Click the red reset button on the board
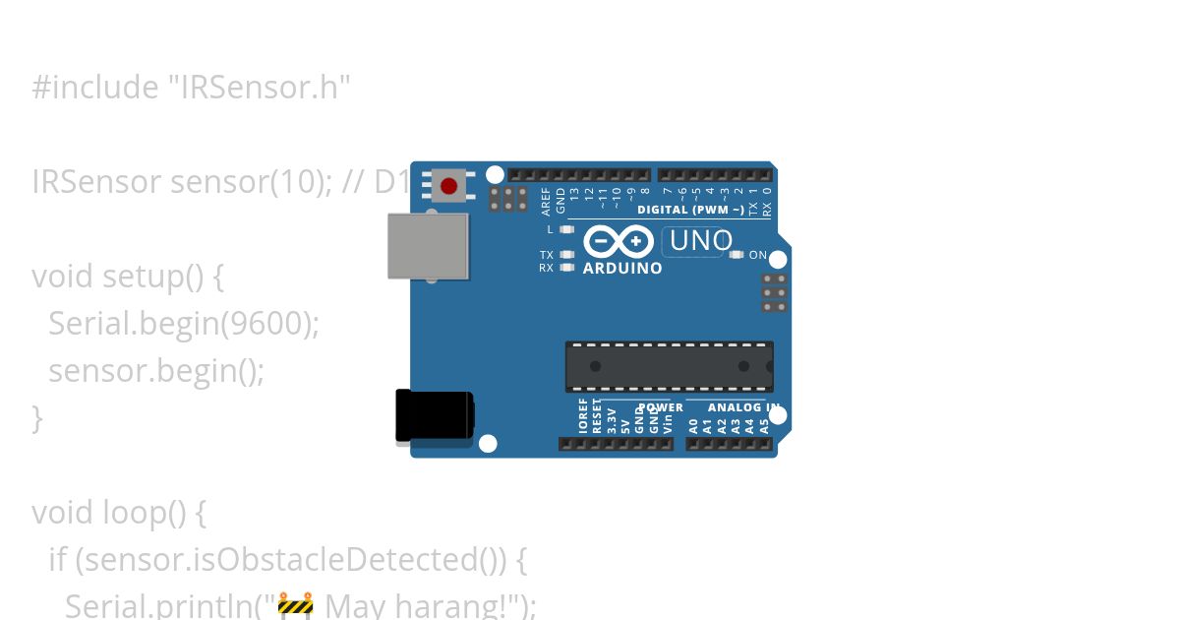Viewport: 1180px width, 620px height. [x=449, y=185]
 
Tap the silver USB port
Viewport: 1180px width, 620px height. [x=428, y=246]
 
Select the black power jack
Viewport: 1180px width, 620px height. [x=434, y=415]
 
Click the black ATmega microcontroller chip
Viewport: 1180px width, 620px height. [x=669, y=366]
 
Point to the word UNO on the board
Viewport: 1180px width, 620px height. [x=700, y=241]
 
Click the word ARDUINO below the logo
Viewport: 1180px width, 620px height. [x=622, y=268]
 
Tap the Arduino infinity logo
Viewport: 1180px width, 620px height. [x=618, y=241]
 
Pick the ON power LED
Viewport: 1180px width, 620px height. [x=737, y=255]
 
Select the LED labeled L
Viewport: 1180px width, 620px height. [x=565, y=229]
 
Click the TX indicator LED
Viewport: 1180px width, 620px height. [x=565, y=255]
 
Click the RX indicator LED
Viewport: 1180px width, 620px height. [x=565, y=267]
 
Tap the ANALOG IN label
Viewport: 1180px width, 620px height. [x=743, y=407]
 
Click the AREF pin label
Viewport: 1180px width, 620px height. [x=547, y=201]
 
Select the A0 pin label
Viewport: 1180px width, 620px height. [x=693, y=425]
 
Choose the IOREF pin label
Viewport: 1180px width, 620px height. [x=583, y=416]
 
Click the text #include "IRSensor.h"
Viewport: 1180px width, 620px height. [x=191, y=88]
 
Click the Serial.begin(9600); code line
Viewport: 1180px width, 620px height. [x=184, y=323]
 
